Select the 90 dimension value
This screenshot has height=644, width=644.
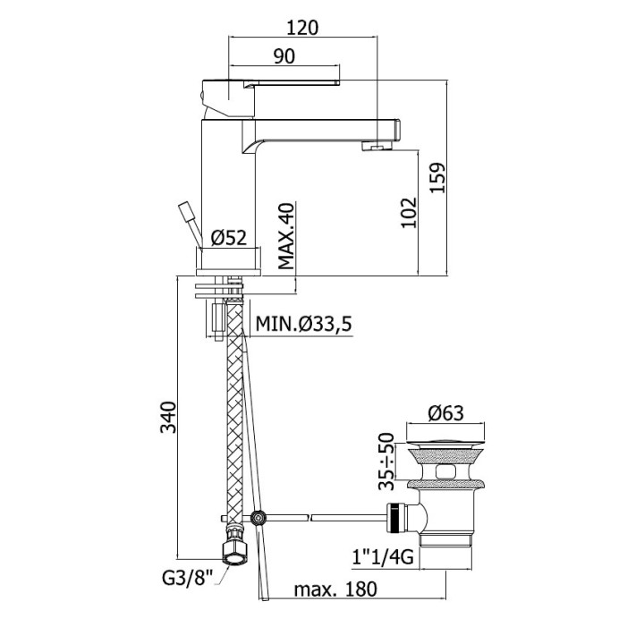(284, 55)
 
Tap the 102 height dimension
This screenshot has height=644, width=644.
(409, 213)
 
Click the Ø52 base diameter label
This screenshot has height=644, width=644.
(228, 237)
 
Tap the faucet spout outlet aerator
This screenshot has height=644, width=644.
(377, 147)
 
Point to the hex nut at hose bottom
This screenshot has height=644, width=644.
(233, 549)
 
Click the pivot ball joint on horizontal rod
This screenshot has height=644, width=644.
(259, 518)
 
